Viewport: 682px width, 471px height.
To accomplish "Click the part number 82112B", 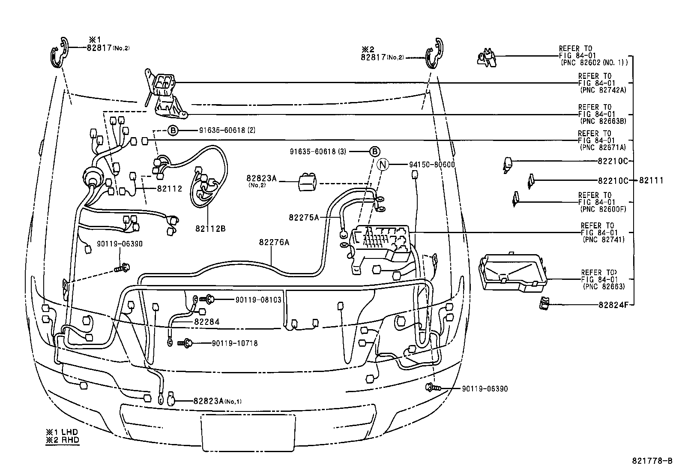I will pos(210,228).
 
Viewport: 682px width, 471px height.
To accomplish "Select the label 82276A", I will pos(274,242).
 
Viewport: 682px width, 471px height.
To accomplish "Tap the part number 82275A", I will pos(304,217).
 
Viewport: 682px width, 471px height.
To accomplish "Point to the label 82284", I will pos(206,321).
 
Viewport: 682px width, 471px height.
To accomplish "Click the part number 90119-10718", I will pos(234,343).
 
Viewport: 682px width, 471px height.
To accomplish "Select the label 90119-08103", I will pos(258,300).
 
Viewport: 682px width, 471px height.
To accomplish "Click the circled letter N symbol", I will pos(383,164).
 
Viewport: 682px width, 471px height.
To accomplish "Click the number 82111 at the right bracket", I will pos(651,180).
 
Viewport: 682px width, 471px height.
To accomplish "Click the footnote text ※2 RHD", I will pos(63,439).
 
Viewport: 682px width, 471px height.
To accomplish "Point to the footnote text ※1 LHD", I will pos(63,432).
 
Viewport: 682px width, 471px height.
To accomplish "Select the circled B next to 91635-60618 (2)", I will pos(172,130).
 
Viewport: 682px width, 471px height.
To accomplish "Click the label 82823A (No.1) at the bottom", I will pos(217,401).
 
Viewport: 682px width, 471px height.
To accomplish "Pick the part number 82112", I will pos(170,188).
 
